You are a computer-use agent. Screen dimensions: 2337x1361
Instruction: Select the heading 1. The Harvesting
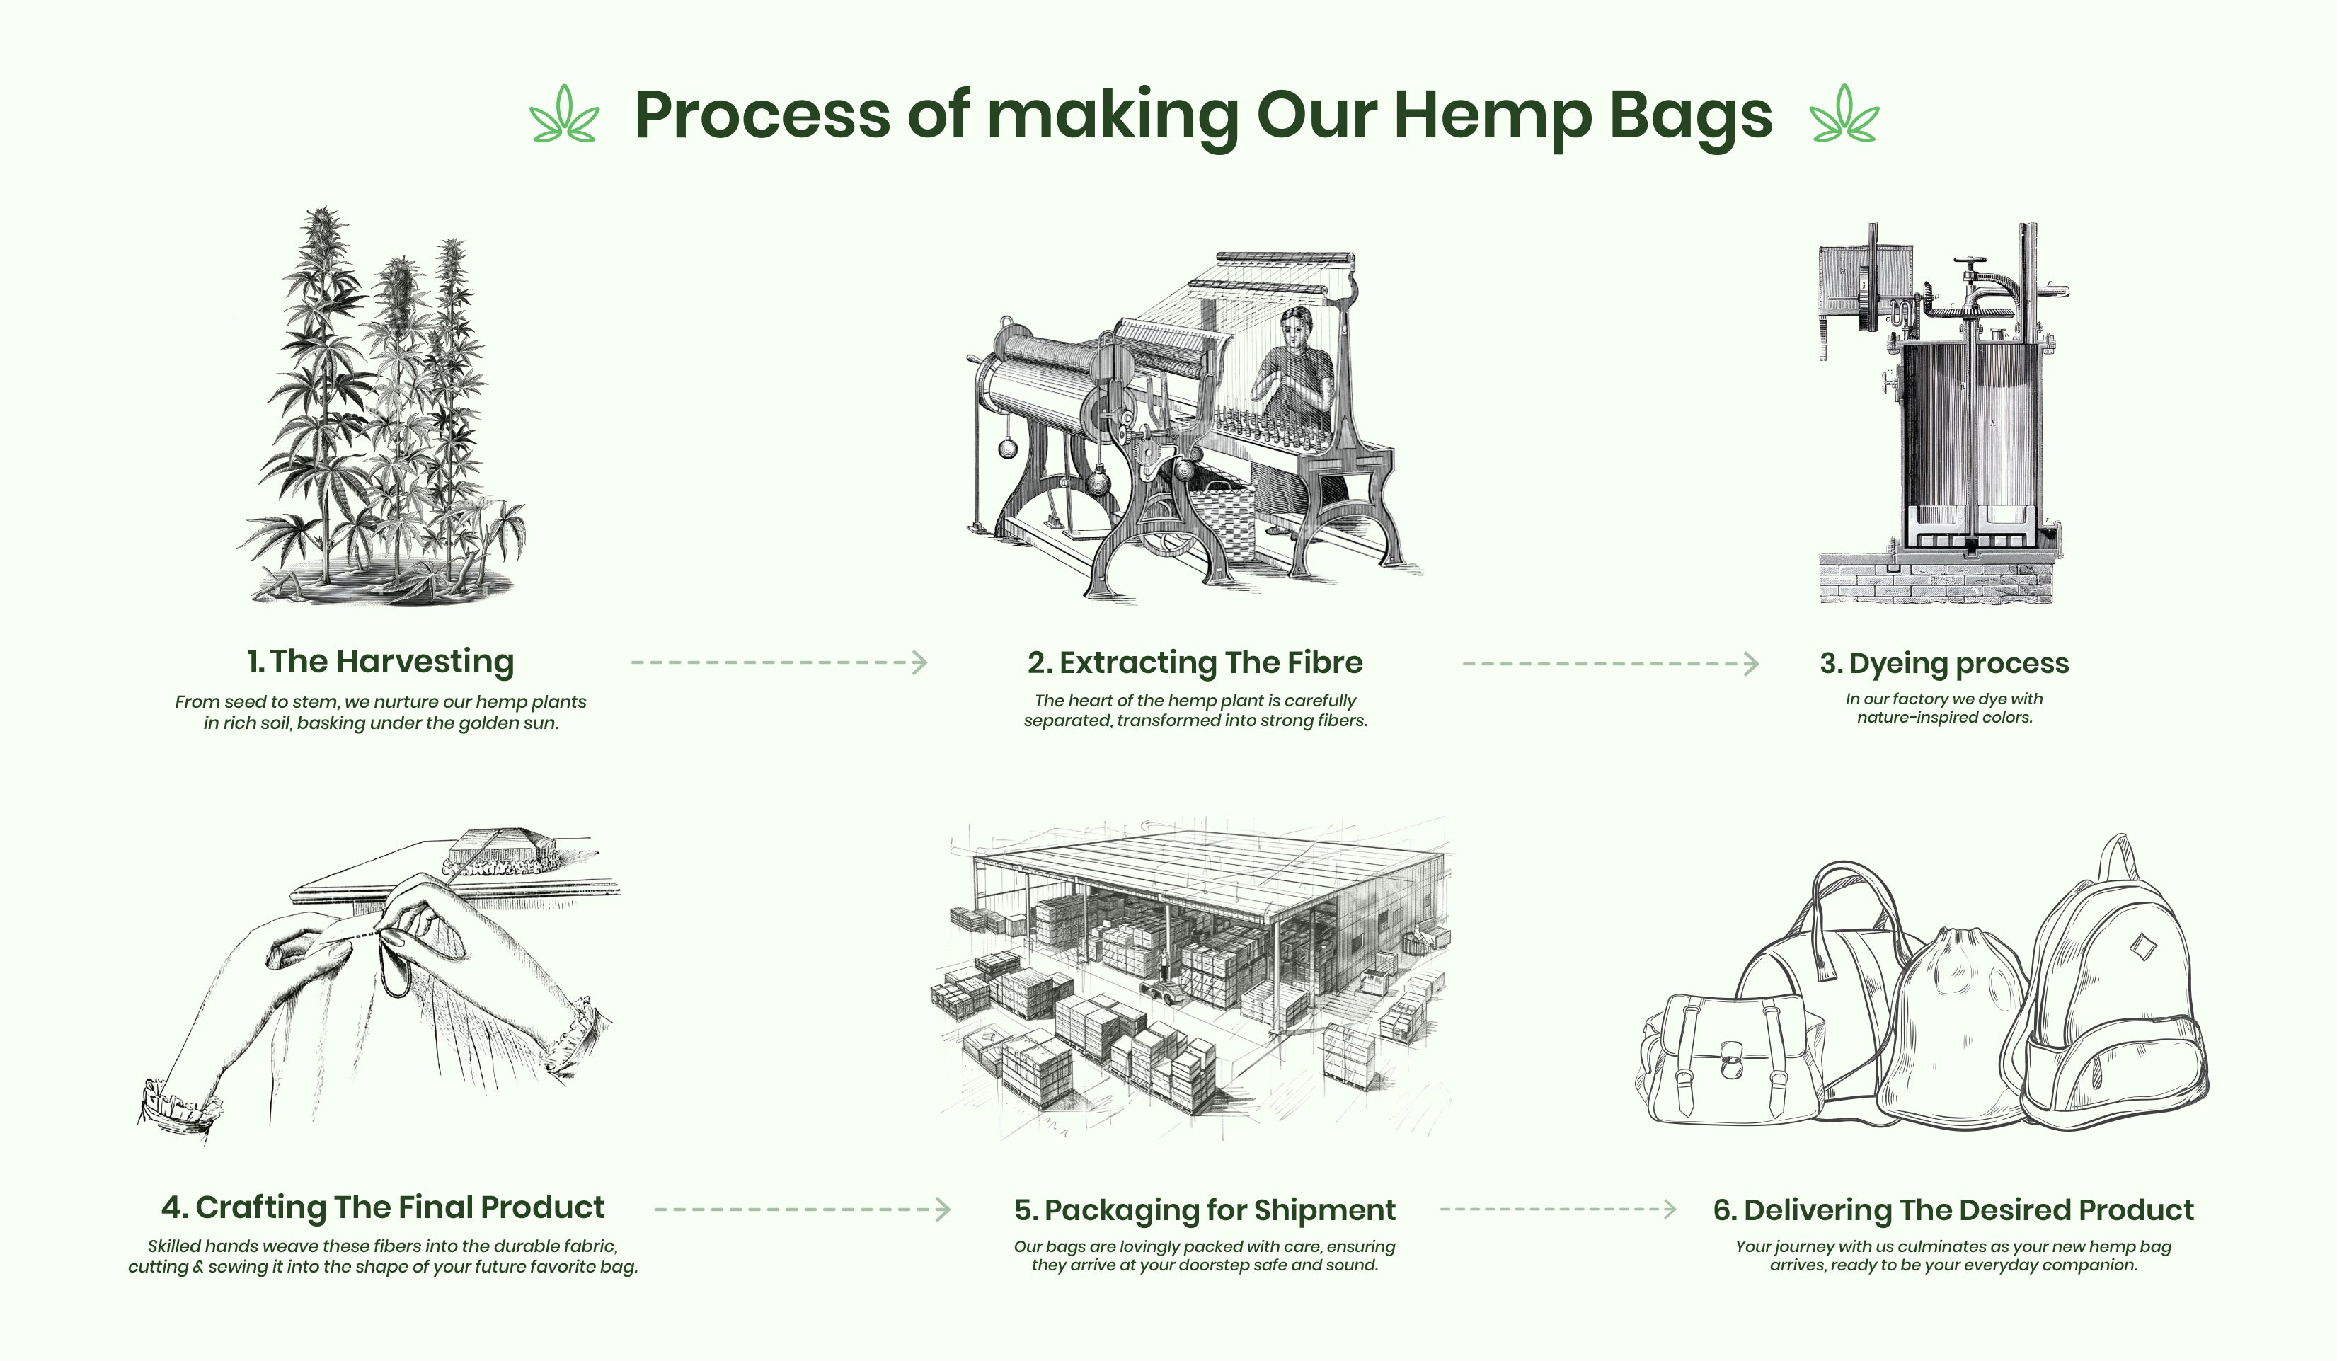click(380, 661)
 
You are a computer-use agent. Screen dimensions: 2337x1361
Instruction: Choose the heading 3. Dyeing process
click(1943, 663)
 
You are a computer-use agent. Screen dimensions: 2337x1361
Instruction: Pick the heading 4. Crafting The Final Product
click(382, 1207)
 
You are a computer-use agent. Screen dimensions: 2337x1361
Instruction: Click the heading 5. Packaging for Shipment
click(1205, 1210)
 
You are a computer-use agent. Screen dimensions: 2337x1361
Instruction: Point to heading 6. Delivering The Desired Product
click(1953, 1210)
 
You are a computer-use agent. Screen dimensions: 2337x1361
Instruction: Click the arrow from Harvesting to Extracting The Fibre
click(779, 662)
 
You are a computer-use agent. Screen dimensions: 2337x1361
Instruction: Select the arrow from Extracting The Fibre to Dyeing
click(1611, 664)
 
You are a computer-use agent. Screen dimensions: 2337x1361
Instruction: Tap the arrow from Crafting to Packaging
click(802, 1209)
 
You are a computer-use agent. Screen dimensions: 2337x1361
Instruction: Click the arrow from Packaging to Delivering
click(1558, 1209)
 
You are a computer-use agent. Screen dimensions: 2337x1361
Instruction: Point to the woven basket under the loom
click(1222, 524)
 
